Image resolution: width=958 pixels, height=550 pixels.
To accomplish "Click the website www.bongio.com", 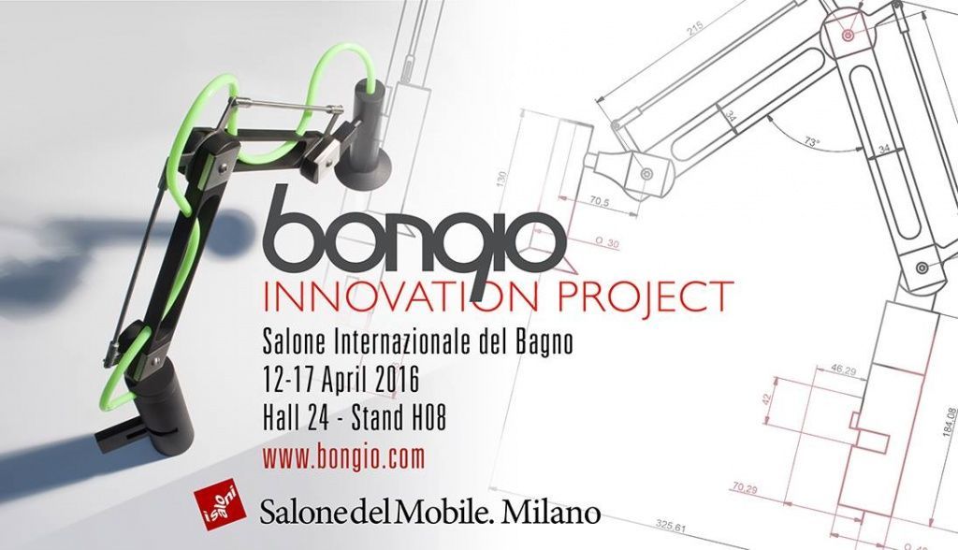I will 343,456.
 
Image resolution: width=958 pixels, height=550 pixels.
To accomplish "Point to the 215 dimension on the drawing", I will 695,32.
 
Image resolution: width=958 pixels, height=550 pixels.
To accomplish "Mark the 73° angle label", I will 813,141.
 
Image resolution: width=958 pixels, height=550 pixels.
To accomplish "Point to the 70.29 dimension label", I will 745,487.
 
